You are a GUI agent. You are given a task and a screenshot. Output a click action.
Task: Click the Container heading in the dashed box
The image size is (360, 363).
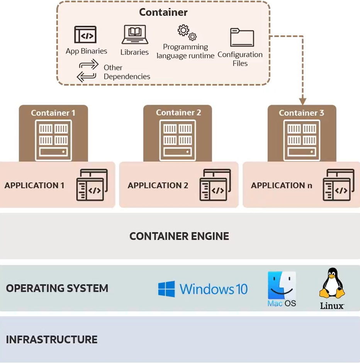tap(163, 12)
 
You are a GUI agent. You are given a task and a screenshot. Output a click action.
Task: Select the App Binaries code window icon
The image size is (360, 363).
tap(85, 35)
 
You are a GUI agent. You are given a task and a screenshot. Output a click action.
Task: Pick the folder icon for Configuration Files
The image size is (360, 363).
tap(242, 37)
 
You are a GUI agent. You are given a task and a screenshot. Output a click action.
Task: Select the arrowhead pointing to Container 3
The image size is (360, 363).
tap(302, 101)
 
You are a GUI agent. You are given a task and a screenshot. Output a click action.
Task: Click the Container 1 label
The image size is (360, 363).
tap(53, 113)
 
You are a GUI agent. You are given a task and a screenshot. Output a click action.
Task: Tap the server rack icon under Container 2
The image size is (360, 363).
tap(178, 139)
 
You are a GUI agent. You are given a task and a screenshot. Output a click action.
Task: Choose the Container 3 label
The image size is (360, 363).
tap(302, 113)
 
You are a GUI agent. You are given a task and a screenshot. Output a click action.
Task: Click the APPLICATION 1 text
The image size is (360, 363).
tap(34, 186)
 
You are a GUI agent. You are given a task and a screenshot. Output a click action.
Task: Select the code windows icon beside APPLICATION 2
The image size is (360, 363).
tap(215, 185)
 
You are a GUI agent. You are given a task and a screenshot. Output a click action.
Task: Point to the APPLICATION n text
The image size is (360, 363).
tap(282, 186)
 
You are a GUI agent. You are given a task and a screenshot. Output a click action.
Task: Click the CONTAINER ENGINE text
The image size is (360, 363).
tap(179, 236)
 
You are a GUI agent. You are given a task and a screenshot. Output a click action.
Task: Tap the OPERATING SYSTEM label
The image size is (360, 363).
tap(57, 288)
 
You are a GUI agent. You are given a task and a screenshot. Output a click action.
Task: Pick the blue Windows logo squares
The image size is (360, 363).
tap(166, 289)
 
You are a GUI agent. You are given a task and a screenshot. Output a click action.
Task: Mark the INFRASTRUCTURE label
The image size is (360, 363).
tap(52, 339)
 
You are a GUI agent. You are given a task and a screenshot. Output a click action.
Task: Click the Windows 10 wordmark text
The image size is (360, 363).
tap(214, 289)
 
